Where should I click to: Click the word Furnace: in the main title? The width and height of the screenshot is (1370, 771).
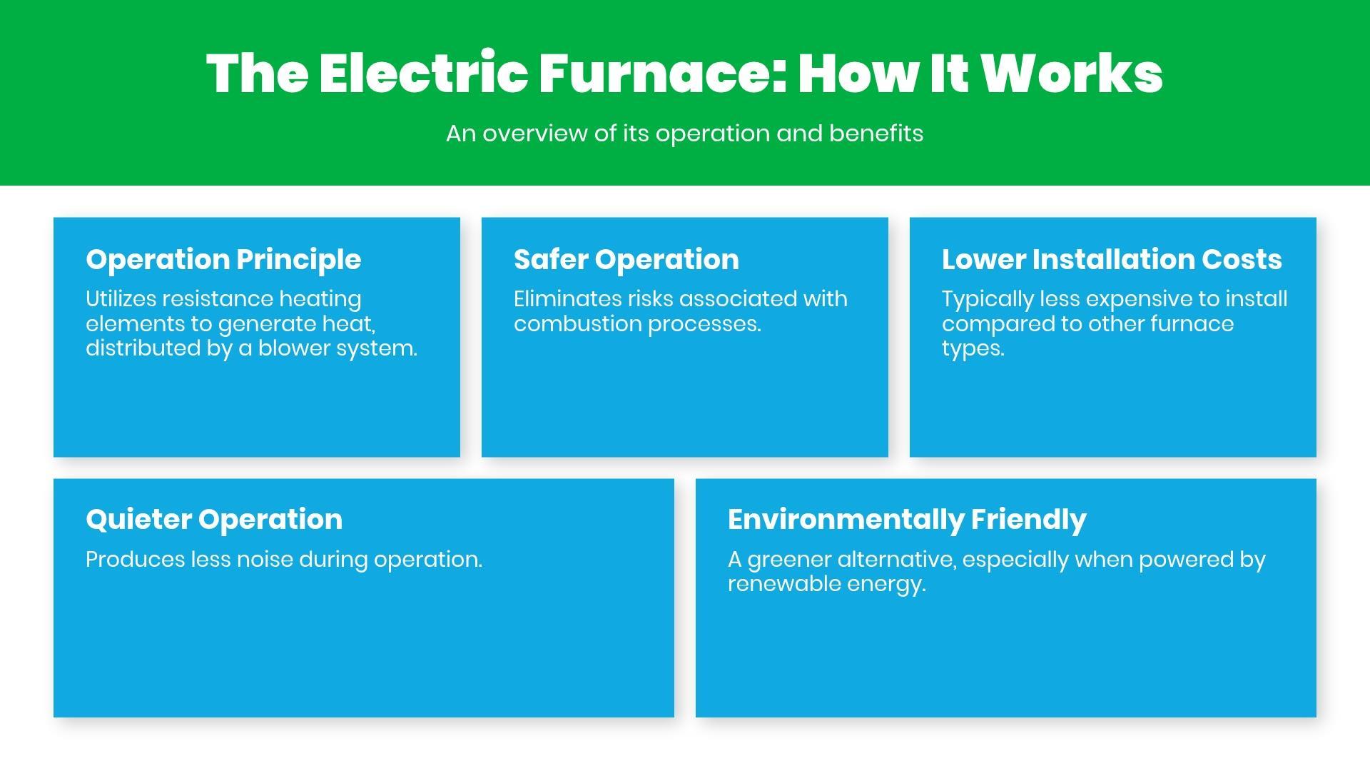point(663,74)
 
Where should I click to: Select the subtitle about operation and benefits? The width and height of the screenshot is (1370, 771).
point(684,133)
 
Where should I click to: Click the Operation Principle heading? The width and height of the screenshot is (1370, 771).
point(223,259)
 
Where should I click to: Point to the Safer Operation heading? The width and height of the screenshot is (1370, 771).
point(626,259)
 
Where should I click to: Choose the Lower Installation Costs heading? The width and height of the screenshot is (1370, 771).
point(1111,259)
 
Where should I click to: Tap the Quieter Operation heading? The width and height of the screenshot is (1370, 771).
point(214,519)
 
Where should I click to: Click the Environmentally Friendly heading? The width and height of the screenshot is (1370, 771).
point(907,519)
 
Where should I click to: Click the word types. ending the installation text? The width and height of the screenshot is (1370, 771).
point(973,349)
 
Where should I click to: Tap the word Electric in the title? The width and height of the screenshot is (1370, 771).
point(423,74)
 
